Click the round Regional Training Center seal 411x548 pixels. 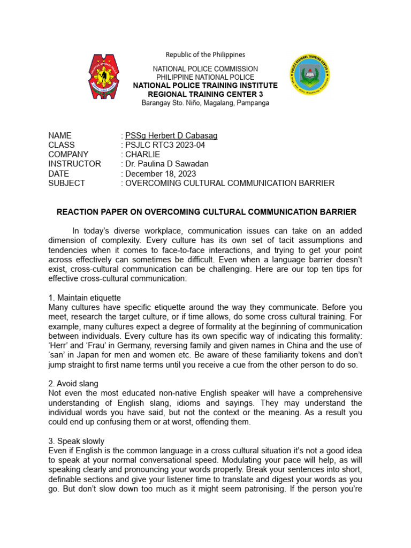(x=309, y=75)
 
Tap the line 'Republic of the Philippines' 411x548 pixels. (x=205, y=55)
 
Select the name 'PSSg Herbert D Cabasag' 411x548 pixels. (x=171, y=135)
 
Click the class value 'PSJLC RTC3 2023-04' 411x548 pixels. (x=165, y=145)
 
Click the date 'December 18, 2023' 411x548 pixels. (x=160, y=174)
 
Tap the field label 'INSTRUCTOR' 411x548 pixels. (x=74, y=164)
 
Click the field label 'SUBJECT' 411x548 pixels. (x=66, y=183)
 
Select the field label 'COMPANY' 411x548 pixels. (x=68, y=155)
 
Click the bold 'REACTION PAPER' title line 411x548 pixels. (x=206, y=212)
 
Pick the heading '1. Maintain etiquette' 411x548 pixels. (x=85, y=298)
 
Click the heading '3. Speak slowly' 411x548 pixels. (x=76, y=442)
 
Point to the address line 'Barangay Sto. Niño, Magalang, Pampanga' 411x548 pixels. (x=205, y=103)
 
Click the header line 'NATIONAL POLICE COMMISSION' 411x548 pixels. (x=205, y=69)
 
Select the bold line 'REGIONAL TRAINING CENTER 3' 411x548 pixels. (x=205, y=94)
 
